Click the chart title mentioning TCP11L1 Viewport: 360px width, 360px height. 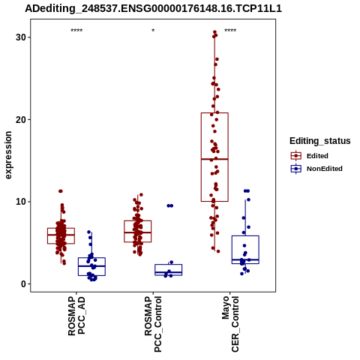153,9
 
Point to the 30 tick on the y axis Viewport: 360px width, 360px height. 21,37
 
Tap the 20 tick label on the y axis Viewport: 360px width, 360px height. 21,119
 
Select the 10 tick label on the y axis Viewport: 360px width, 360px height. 21,202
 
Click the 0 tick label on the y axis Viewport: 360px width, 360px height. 24,284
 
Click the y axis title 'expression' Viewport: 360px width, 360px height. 8,155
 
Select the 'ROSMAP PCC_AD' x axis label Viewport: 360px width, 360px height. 76,316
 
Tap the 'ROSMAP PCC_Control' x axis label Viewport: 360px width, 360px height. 153,324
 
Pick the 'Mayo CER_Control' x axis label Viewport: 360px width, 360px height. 230,324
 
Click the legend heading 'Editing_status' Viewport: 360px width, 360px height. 320,141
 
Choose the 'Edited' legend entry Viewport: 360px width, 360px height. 317,156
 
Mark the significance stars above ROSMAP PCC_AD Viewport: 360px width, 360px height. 76,31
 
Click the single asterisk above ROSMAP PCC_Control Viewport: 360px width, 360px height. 153,31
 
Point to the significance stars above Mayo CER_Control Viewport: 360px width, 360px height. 230,31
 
